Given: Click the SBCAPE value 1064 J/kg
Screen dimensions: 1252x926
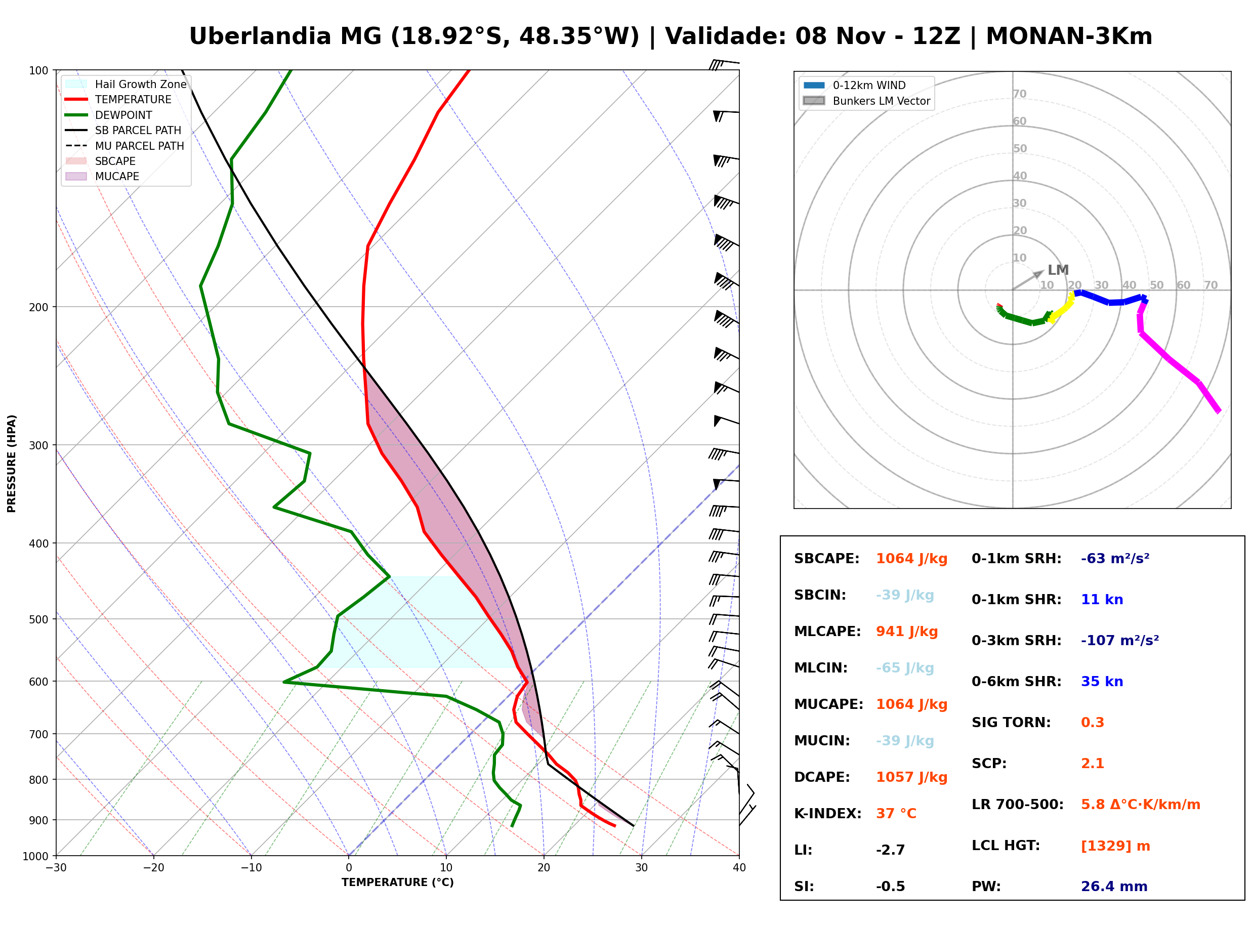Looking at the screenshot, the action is [911, 559].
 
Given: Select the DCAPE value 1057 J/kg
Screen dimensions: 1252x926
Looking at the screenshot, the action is [911, 777].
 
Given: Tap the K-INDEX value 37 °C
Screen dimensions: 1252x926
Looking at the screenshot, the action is [896, 814].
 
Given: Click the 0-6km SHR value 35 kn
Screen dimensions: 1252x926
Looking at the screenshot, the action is [1102, 682].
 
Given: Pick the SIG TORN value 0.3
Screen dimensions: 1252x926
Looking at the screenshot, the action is [1092, 723].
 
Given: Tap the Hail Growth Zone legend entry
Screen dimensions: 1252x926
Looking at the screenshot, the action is [126, 84].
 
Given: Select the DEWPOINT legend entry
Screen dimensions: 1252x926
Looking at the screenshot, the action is [109, 115].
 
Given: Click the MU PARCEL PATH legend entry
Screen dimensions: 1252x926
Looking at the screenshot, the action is [125, 146].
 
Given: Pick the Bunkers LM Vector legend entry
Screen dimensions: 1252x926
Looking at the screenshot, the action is [866, 101].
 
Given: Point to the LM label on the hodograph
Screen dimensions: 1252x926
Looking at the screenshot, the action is [1058, 270].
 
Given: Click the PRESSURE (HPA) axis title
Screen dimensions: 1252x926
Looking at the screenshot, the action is [11, 464].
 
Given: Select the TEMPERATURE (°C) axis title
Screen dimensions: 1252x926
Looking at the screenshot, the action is [397, 883].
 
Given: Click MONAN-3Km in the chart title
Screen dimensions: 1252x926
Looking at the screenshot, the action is [1069, 36].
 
